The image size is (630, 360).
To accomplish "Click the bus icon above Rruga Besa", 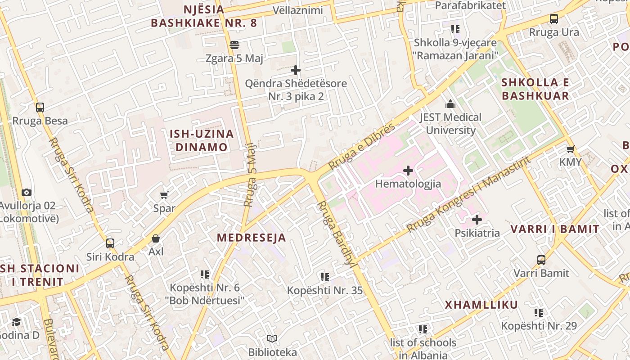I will pos(40,108).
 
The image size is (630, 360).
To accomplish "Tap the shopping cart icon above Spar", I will pos(164,195).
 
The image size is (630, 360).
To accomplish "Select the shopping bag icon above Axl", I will pos(156,238).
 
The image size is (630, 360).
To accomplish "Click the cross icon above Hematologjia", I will pos(408,171).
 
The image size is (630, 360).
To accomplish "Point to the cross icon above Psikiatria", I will pos(477,220).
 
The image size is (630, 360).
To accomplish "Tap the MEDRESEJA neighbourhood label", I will pos(251,238).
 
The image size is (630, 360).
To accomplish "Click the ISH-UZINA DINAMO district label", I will pos(202,140).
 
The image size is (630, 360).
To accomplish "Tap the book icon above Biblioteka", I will pos(272,338).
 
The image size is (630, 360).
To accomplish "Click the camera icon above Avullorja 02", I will pos(27,193).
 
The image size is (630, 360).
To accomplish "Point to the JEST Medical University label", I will pos(450,124).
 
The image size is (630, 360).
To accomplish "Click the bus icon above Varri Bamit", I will pos(541,260).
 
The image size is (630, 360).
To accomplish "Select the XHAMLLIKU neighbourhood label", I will pos(481,305).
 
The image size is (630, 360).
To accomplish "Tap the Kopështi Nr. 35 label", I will pos(325,290).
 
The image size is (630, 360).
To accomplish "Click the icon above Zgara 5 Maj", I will pos(234,45).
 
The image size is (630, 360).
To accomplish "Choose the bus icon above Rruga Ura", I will pos(554,19).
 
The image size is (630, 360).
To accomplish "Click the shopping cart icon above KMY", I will pos(571,149).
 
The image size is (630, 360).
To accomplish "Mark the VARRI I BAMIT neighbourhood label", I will pos(555,229).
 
